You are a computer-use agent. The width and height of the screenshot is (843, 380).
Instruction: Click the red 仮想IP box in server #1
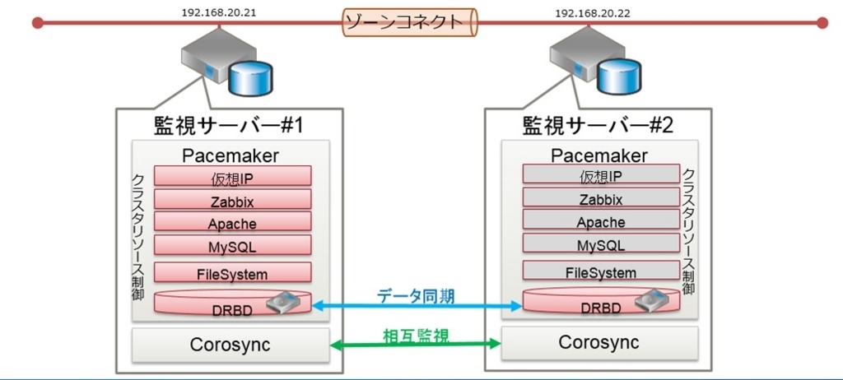pyautogui.click(x=232, y=176)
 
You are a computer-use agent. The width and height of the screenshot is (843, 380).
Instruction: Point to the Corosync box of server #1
pyautogui.click(x=231, y=345)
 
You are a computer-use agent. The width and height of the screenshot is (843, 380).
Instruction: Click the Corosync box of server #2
pyautogui.click(x=599, y=342)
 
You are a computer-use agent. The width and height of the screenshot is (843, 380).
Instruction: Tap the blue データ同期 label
pyautogui.click(x=416, y=296)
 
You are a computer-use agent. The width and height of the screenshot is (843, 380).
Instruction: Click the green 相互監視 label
pyautogui.click(x=416, y=336)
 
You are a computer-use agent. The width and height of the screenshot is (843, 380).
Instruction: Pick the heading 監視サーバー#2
pyautogui.click(x=598, y=126)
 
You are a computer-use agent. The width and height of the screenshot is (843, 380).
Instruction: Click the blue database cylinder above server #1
pyautogui.click(x=250, y=79)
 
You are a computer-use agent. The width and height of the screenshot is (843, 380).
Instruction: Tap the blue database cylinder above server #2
pyautogui.click(x=619, y=76)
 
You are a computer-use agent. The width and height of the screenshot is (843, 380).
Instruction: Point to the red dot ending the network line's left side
pyautogui.click(x=37, y=22)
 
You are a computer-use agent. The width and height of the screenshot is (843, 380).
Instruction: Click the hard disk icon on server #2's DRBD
pyautogui.click(x=651, y=300)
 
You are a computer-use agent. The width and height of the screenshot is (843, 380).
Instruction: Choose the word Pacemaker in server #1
pyautogui.click(x=231, y=155)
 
